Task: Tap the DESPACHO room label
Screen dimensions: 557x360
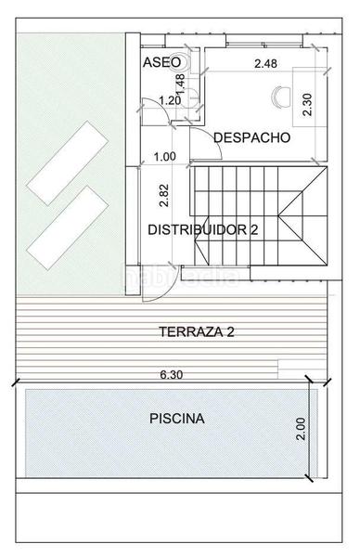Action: [x=251, y=137]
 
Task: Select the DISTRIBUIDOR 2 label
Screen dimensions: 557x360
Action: [x=203, y=228]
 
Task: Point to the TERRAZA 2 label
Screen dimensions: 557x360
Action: [x=195, y=331]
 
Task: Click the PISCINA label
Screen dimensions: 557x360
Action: [x=177, y=419]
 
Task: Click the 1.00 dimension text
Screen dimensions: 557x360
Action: [x=164, y=157]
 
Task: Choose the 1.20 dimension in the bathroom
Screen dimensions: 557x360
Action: [x=170, y=100]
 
